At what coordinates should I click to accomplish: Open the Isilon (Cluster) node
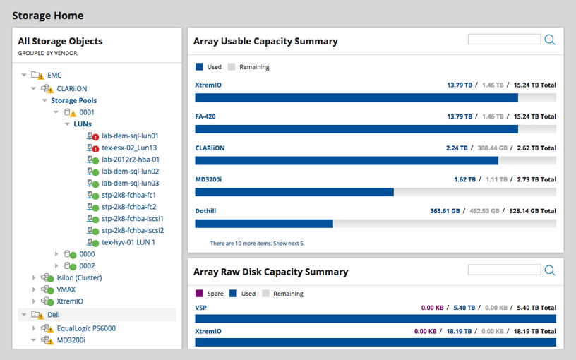79,277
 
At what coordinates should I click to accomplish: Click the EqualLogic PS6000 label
85,328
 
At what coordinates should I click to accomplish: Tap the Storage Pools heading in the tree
73,100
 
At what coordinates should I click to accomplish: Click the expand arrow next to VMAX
34,289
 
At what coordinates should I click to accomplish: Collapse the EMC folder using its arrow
24,74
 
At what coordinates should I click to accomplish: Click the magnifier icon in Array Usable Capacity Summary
550,40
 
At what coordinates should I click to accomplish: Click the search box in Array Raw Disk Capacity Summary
504,270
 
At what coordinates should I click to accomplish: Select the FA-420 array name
205,116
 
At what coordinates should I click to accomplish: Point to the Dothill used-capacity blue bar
263,224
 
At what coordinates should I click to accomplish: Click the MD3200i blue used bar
294,192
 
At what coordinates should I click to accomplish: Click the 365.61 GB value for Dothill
445,211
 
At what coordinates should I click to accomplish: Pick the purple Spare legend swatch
200,294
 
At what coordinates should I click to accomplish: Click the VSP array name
200,308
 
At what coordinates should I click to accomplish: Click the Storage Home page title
47,16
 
